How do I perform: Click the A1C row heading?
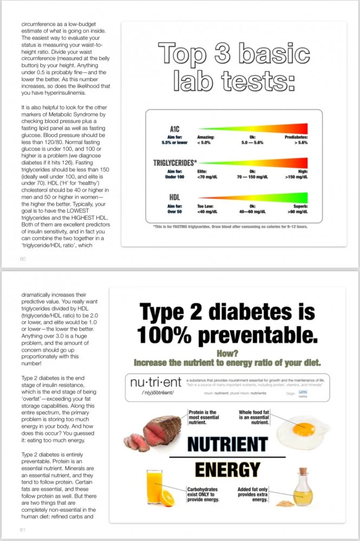pos(174,130)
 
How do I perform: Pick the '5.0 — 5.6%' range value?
pos(252,142)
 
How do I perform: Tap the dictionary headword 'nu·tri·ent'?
pos(154,382)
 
